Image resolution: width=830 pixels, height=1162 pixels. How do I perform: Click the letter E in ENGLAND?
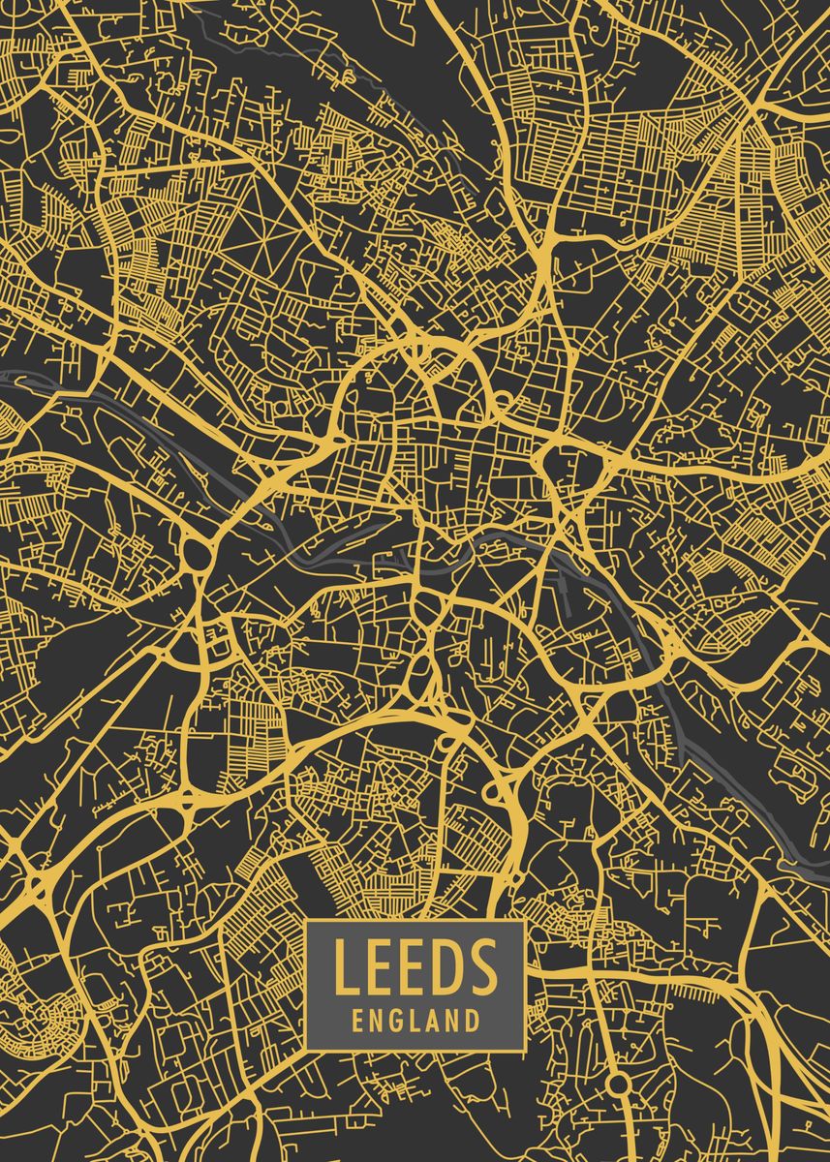[358, 1021]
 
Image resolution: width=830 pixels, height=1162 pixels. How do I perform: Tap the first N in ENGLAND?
[377, 1021]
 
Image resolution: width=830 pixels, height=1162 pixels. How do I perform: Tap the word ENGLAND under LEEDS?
[415, 1021]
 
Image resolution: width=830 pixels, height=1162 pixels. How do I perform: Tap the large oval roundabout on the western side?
[198, 555]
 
